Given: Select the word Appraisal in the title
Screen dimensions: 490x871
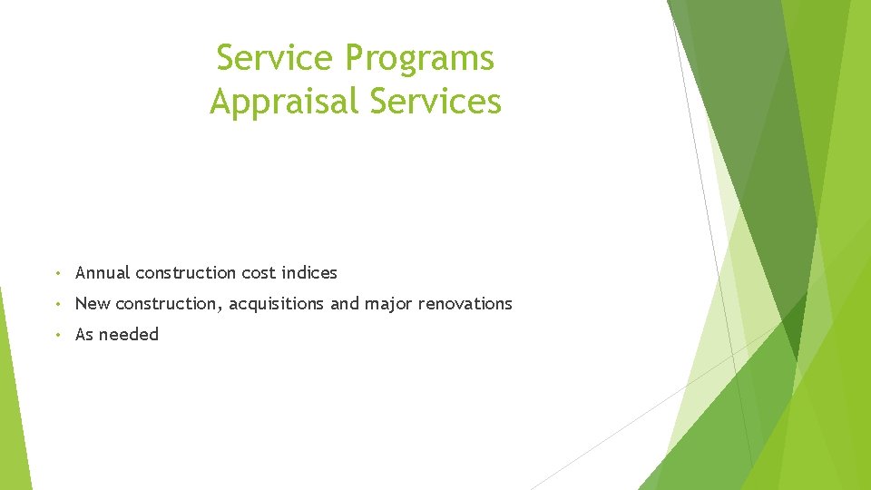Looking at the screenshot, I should pyautogui.click(x=285, y=101).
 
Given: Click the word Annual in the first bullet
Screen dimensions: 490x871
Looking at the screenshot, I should pyautogui.click(x=103, y=273).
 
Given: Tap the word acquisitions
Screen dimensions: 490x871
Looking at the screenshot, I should pyautogui.click(x=276, y=304).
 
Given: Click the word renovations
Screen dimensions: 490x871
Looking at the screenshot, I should pyautogui.click(x=465, y=304).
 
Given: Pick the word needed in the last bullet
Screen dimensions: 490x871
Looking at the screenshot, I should pyautogui.click(x=129, y=335).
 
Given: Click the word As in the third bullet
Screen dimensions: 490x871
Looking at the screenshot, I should pyautogui.click(x=84, y=335).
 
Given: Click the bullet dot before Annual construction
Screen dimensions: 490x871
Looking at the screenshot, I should pyautogui.click(x=57, y=273).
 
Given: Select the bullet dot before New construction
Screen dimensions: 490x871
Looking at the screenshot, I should pyautogui.click(x=57, y=304).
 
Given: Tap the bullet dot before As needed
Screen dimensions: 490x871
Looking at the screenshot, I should pyautogui.click(x=57, y=335).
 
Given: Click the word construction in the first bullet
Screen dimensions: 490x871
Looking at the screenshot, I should pyautogui.click(x=186, y=273).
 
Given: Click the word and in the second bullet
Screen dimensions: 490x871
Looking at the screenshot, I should pyautogui.click(x=345, y=304).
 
